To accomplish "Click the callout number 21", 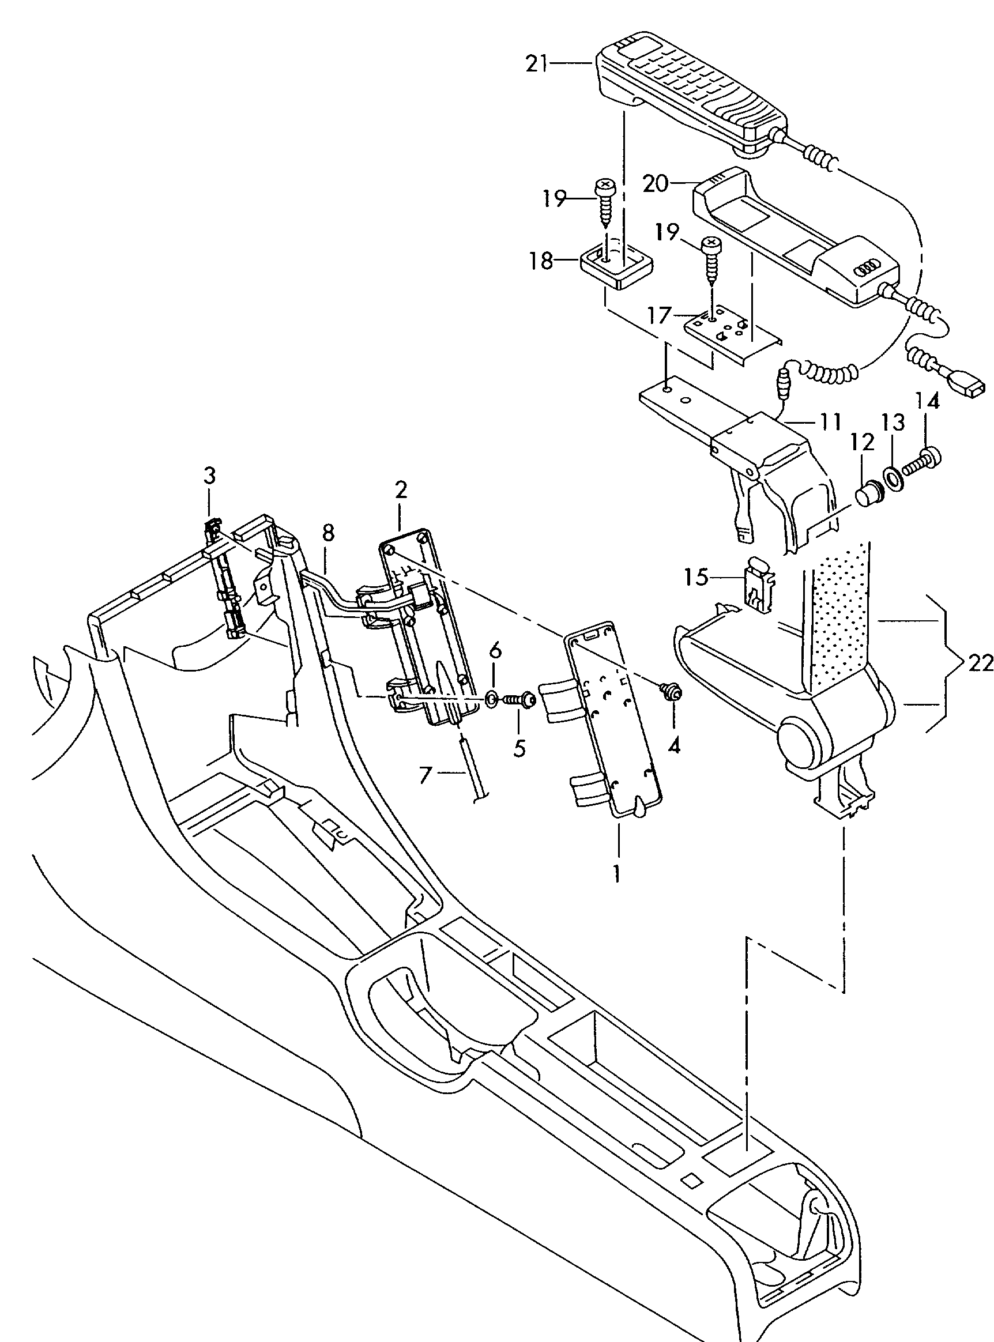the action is click(537, 63).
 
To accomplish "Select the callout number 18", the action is click(541, 261).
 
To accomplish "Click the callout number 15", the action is click(695, 578).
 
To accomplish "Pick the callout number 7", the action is click(426, 775).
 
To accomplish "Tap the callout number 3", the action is click(209, 476).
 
